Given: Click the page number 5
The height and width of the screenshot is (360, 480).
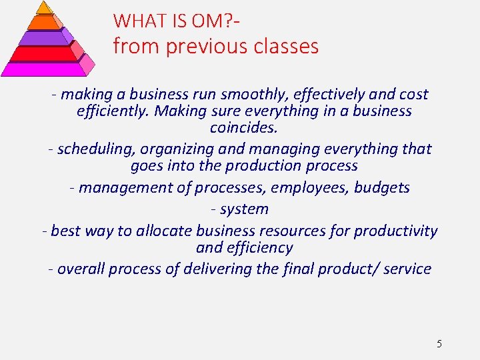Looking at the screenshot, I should click(439, 344).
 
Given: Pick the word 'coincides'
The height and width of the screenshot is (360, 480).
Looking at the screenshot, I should click(243, 127).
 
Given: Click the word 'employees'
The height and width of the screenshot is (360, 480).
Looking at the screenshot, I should click(310, 188).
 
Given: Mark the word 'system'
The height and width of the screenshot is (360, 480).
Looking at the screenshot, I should click(244, 209).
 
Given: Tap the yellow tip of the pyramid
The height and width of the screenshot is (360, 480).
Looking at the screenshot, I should click(44, 7).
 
